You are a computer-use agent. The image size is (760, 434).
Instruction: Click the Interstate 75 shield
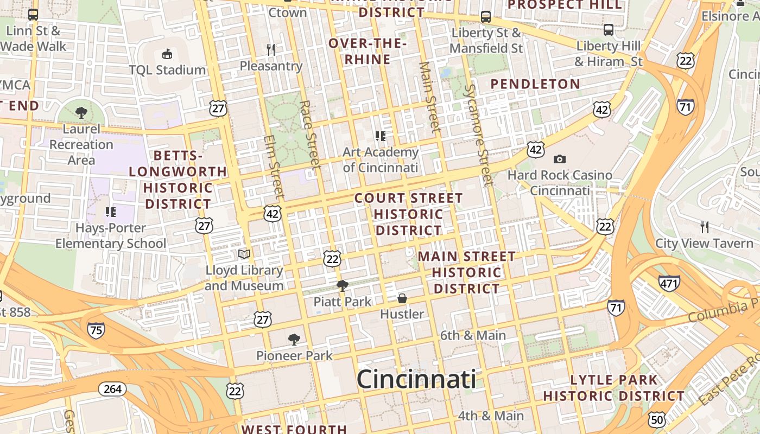[x=96, y=330]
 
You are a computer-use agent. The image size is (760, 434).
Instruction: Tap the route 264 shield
[x=112, y=389]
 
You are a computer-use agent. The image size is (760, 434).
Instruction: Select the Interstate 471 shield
[x=669, y=283]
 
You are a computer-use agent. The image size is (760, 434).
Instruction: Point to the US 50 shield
[x=656, y=419]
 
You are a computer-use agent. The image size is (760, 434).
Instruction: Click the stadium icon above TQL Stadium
[x=167, y=54]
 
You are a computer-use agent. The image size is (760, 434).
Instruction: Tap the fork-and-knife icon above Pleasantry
[x=271, y=50]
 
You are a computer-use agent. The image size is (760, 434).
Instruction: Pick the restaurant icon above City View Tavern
[x=705, y=227]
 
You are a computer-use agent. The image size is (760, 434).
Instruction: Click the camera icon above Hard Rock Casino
[x=559, y=159]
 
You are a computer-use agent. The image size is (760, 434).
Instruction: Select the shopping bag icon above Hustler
[x=402, y=298]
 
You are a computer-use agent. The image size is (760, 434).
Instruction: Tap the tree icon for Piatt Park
[x=342, y=285]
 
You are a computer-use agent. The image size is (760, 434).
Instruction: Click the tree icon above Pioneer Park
[x=294, y=340]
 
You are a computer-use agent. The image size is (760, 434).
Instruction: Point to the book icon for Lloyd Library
[x=244, y=254]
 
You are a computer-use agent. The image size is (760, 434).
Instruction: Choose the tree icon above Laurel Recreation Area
[x=81, y=113]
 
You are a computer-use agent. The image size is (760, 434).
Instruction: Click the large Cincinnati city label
[x=416, y=379]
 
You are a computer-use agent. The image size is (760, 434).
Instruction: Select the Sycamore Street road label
[x=478, y=135]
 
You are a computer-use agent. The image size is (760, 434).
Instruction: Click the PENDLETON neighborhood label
[x=535, y=84]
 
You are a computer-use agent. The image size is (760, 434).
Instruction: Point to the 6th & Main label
[x=473, y=335]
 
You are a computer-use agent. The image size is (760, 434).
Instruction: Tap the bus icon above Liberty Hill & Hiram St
[x=609, y=29]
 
